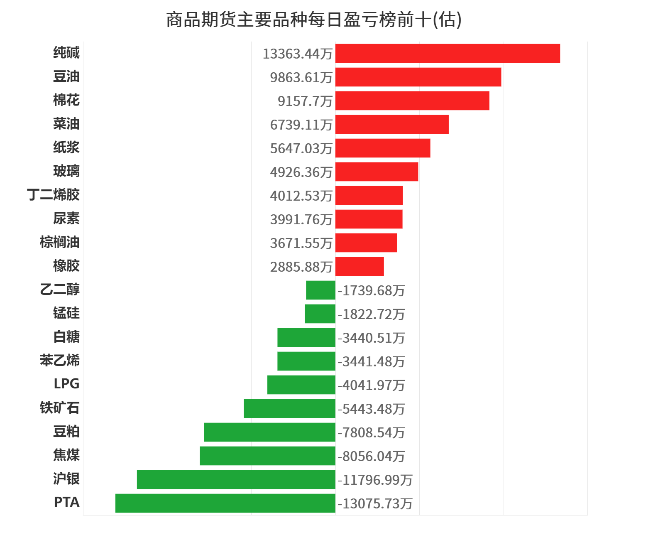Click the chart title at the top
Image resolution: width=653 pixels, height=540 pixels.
coord(314,20)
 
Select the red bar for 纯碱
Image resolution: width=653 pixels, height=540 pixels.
coord(448,54)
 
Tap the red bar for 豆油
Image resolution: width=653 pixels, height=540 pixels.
coord(418,77)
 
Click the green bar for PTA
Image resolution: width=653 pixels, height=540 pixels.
coord(225,503)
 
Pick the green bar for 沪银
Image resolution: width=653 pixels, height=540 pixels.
coord(236,479)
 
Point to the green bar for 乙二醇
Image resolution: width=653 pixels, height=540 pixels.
coord(320,290)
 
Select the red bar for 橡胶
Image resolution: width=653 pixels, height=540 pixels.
coord(360,267)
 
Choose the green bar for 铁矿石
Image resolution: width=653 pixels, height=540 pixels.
coord(289,408)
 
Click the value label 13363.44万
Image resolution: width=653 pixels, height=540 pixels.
coord(298,54)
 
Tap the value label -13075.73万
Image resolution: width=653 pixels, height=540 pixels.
coord(375,503)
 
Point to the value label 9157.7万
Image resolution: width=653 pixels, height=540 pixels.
coord(305,101)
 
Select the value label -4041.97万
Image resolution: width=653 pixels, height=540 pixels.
coord(371,385)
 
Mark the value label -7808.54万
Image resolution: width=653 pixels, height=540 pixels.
coord(371,432)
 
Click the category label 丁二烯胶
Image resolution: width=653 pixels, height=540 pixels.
coord(54,194)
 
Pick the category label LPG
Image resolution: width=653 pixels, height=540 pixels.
coord(66,384)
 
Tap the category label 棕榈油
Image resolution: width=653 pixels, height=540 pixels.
coord(60,242)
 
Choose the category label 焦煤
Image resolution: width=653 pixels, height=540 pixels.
coord(66,455)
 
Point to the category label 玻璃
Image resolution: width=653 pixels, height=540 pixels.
coord(66,171)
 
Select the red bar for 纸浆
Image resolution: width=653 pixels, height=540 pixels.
coord(383,148)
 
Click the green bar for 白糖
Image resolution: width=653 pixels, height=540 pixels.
coord(306,337)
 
